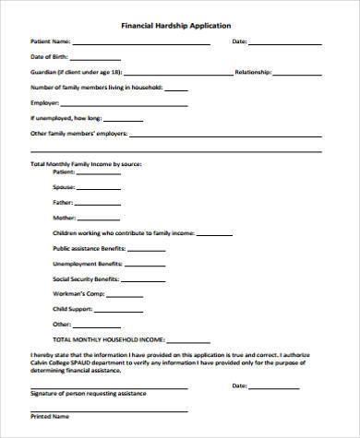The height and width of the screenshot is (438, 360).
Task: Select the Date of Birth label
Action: [49, 57]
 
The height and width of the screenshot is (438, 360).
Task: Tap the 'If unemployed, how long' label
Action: [66, 117]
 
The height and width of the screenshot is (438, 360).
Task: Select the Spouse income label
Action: [65, 187]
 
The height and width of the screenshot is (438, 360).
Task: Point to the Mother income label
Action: [65, 219]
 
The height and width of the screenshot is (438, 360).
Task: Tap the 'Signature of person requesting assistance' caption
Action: [88, 393]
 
